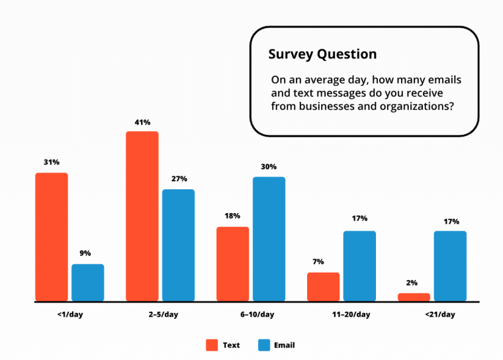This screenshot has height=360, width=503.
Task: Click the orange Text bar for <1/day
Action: tap(52, 237)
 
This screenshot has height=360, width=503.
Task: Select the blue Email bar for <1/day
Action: tap(88, 283)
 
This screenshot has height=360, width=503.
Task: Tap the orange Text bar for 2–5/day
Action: tap(142, 216)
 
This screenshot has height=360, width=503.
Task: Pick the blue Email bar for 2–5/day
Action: tap(179, 246)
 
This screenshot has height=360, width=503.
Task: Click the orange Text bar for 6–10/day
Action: tap(233, 264)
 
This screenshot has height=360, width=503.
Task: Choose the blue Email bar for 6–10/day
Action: tap(269, 239)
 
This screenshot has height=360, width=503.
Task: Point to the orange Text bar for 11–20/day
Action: tap(323, 287)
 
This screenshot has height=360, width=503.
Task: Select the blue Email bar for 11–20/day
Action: tap(359, 266)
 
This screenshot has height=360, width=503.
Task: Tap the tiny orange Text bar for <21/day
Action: tap(414, 297)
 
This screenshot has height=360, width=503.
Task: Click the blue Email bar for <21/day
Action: tap(450, 266)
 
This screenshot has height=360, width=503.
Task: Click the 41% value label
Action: tap(142, 122)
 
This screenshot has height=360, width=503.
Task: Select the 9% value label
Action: tap(85, 253)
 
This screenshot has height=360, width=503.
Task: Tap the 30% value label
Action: tap(269, 167)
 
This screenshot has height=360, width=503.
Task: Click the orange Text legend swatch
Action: tap(212, 345)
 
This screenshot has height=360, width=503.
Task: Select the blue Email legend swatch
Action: tap(264, 345)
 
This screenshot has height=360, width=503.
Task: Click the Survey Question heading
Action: tap(322, 54)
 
